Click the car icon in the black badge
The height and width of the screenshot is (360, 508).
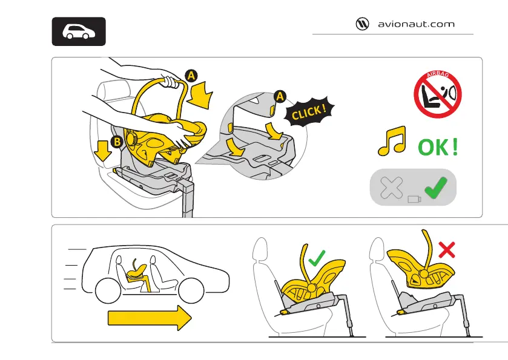pyautogui.click(x=79, y=32)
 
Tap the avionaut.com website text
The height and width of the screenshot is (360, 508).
pyautogui.click(x=415, y=25)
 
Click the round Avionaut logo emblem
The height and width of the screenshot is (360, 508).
pyautogui.click(x=363, y=24)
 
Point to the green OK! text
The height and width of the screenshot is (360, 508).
pyautogui.click(x=437, y=148)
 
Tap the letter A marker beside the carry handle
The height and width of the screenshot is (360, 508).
pyautogui.click(x=191, y=76)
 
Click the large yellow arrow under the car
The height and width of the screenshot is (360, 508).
pyautogui.click(x=149, y=317)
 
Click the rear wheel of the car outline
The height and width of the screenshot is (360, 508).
pyautogui.click(x=108, y=292)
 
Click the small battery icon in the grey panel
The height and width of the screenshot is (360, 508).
pyautogui.click(x=414, y=199)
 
